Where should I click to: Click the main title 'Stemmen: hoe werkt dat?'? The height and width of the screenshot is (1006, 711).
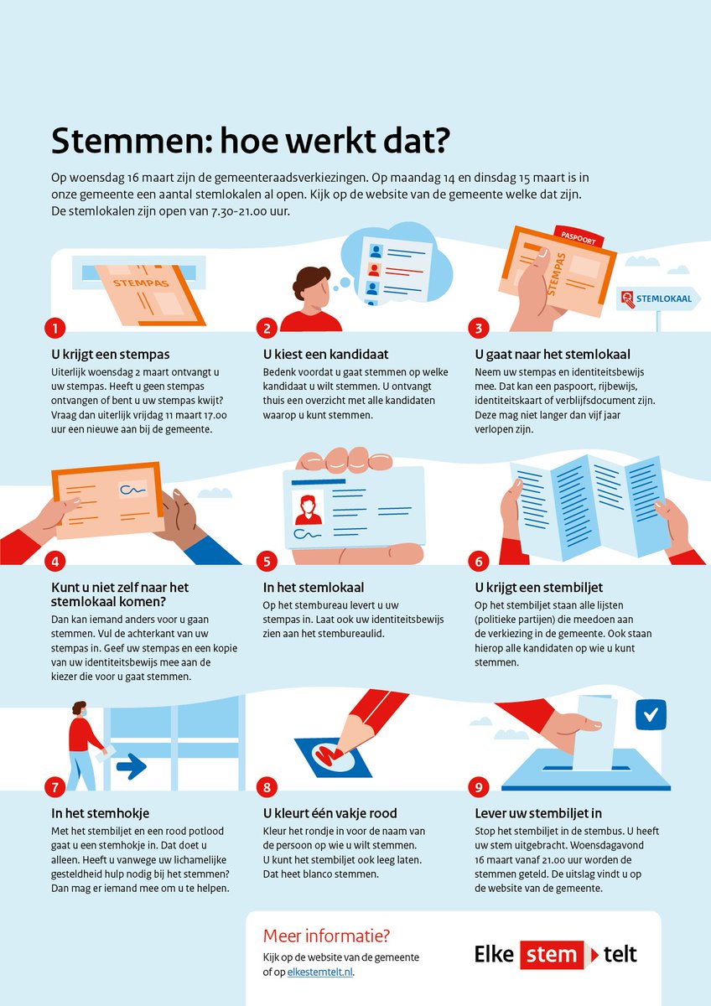249,141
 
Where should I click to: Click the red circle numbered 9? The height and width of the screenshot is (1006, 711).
477,786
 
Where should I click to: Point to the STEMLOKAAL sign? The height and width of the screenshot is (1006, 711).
659,298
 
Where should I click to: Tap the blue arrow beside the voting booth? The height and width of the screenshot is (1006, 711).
131,765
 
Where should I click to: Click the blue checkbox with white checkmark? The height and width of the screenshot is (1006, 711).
650,715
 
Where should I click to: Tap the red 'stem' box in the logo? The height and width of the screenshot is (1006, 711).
551,954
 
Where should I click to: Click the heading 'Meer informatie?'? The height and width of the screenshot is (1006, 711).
326,936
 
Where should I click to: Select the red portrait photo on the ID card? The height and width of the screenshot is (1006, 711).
308,508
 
